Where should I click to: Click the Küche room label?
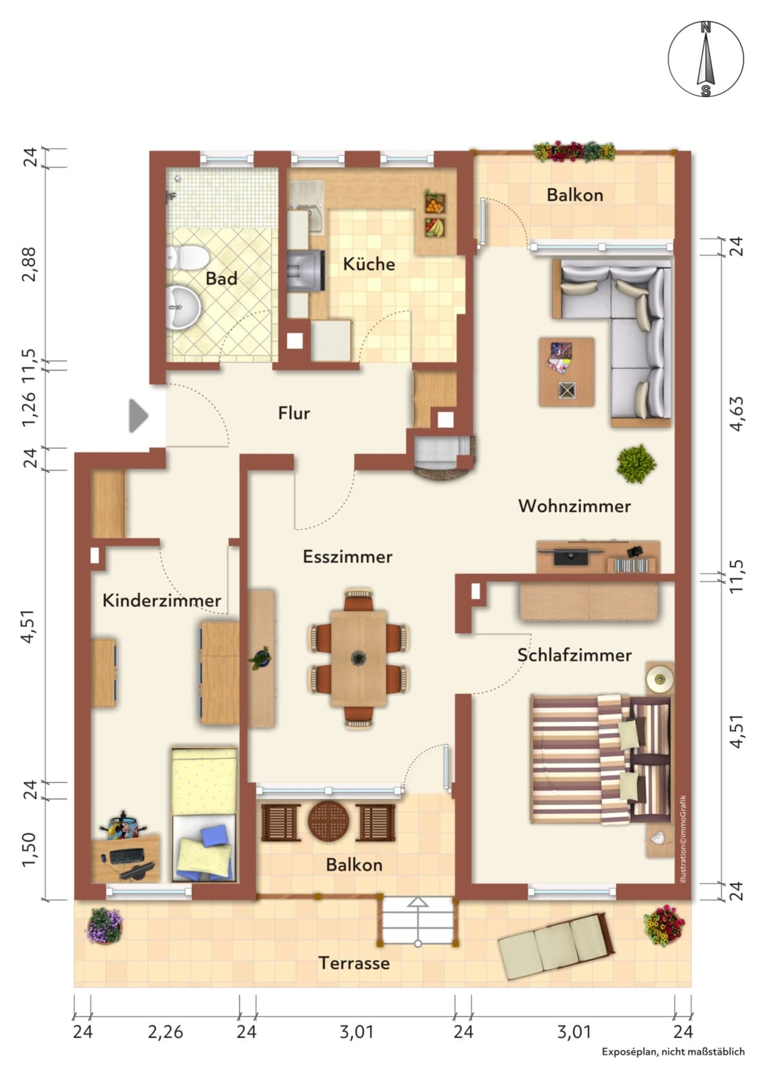click(369, 264)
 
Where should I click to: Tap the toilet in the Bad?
click(188, 258)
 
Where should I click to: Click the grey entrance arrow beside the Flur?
click(139, 416)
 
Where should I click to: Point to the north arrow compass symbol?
click(706, 59)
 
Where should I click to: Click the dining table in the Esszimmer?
click(359, 658)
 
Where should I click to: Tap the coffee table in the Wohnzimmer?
click(567, 372)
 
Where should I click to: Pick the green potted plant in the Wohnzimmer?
click(637, 464)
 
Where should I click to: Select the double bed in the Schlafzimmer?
click(600, 759)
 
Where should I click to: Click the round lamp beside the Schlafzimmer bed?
click(660, 679)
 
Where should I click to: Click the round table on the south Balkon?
click(328, 822)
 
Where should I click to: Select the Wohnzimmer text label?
click(574, 506)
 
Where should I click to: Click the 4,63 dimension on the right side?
click(738, 414)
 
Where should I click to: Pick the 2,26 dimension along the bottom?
click(166, 1031)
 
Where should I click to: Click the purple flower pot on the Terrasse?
click(105, 926)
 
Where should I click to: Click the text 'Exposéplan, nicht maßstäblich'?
click(673, 1068)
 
